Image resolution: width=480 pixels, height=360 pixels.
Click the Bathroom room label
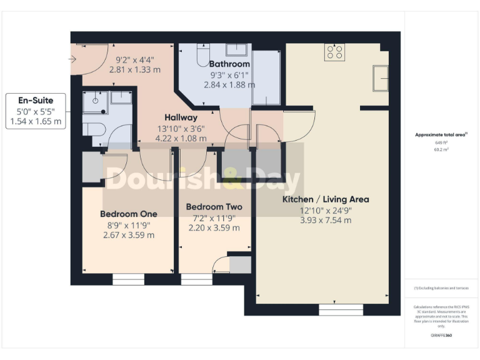[229, 64]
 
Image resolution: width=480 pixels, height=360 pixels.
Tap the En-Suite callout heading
[36, 100]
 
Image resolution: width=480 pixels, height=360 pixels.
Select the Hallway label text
[181, 117]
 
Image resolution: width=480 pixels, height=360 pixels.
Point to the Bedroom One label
[129, 214]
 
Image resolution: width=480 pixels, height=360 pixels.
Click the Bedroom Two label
[214, 207]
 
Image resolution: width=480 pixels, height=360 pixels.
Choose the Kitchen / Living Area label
[326, 199]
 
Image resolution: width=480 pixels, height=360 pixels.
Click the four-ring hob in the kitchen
[334, 52]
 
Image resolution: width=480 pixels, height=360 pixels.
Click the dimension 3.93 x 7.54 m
[326, 220]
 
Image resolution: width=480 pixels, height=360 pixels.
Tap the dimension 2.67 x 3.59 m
[129, 235]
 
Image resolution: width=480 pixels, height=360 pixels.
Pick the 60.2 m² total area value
[441, 150]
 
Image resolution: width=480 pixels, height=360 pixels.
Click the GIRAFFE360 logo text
[441, 336]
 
